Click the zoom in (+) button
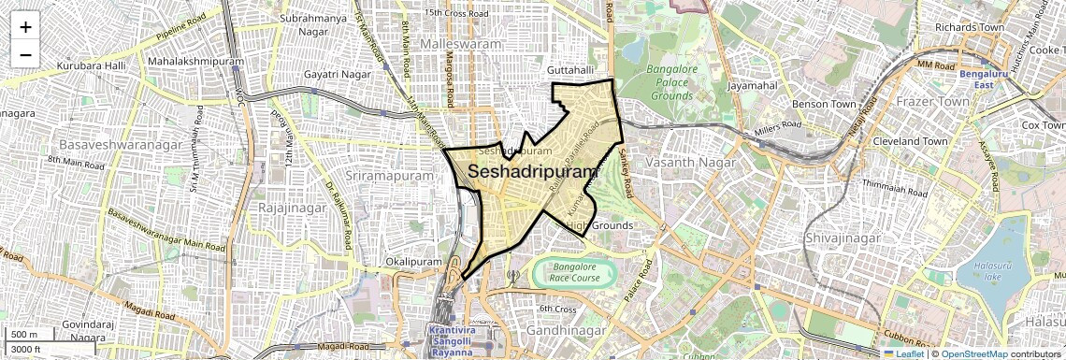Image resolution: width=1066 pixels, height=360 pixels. click(x=25, y=26)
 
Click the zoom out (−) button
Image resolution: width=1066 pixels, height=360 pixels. click(x=25, y=54)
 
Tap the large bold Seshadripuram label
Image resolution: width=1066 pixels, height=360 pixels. click(x=532, y=172)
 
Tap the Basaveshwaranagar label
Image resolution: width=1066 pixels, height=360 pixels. click(x=112, y=145)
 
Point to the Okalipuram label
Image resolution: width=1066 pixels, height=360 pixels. click(x=412, y=263)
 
